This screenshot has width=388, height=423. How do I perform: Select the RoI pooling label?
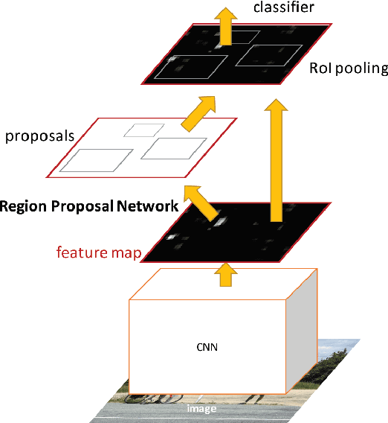click(x=349, y=69)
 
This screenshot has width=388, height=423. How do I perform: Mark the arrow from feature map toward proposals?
click(x=199, y=200)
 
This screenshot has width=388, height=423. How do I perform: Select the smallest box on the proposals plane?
click(x=138, y=130)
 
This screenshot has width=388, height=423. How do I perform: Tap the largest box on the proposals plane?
click(x=96, y=160)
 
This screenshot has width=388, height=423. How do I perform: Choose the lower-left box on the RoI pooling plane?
click(x=192, y=68)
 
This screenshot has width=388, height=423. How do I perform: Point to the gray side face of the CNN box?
click(x=303, y=335)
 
